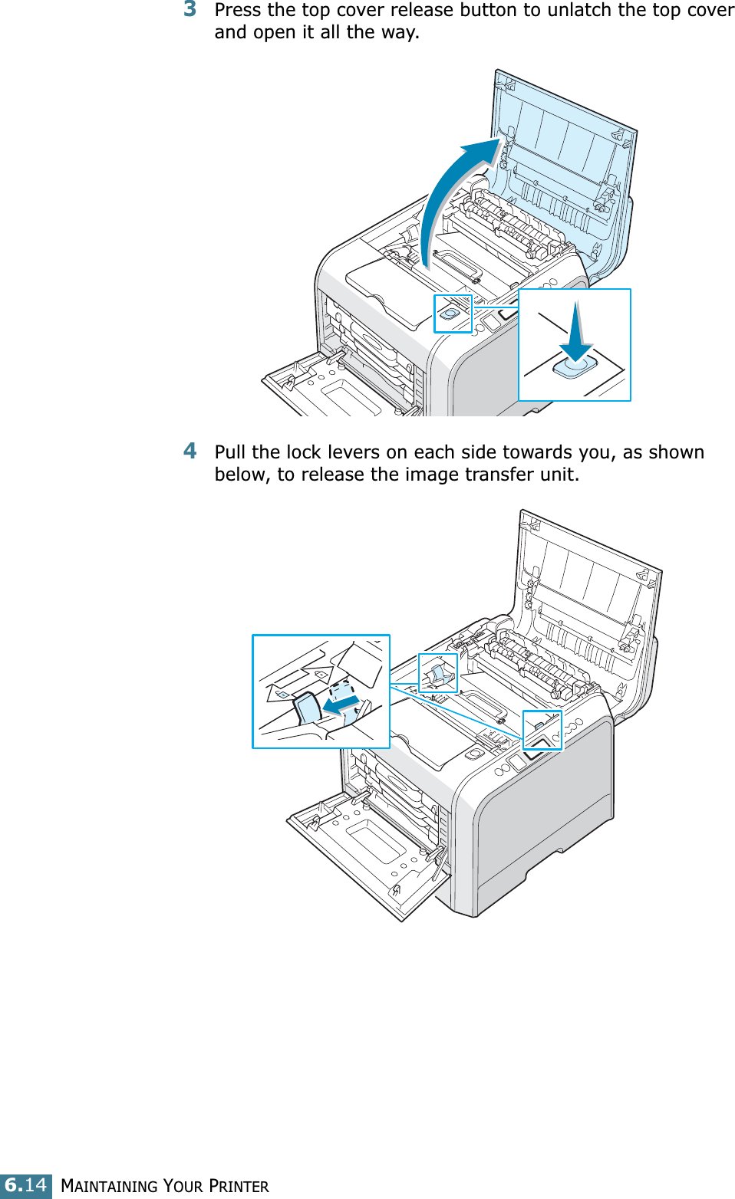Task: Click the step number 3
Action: tap(190, 9)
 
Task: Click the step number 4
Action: tap(190, 451)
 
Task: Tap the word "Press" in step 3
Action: tap(238, 10)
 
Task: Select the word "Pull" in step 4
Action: tap(230, 452)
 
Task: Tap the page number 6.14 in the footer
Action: tap(26, 1185)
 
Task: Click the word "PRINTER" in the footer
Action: tap(239, 1186)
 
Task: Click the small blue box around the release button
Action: tap(453, 314)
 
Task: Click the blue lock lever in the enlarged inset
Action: tap(308, 708)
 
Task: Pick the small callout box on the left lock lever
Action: tap(438, 673)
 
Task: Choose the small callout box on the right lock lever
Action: tap(542, 730)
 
